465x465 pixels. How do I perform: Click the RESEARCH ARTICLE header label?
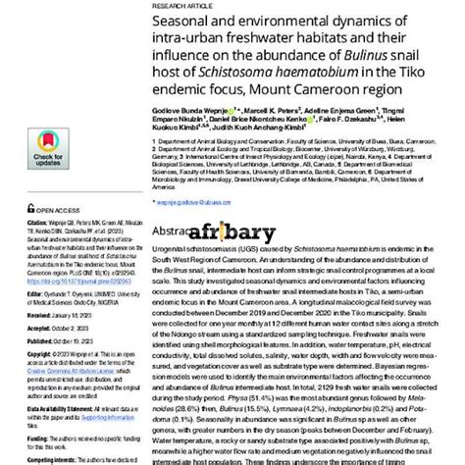click(180, 4)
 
